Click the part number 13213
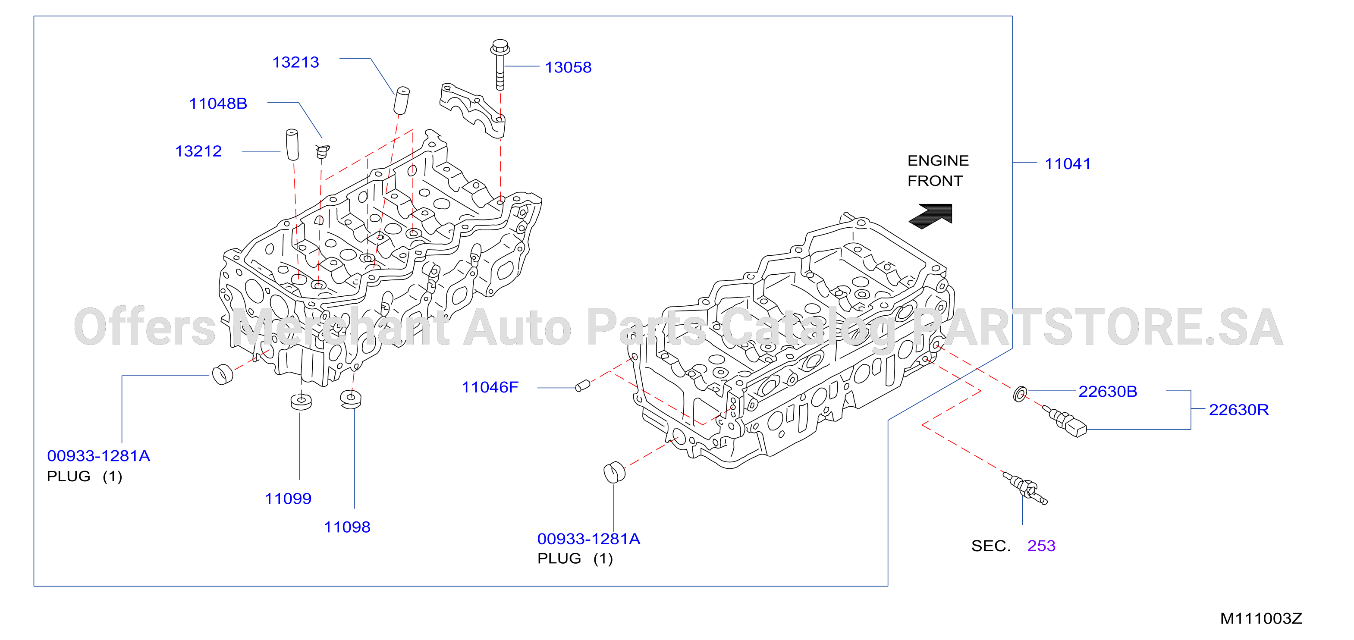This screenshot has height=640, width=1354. click(x=295, y=63)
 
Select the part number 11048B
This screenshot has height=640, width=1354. click(x=218, y=104)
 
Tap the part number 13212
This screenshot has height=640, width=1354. click(x=198, y=151)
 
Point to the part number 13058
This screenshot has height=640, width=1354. click(x=568, y=67)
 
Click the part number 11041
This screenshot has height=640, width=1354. click(x=1068, y=164)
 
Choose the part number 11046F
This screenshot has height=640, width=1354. click(x=490, y=387)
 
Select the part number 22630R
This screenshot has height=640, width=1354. click(x=1239, y=410)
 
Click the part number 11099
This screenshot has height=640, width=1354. click(x=288, y=499)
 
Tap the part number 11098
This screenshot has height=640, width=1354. click(x=347, y=527)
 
